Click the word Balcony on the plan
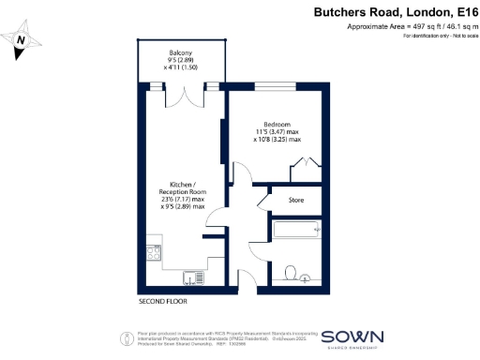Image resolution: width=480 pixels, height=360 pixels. (181, 52)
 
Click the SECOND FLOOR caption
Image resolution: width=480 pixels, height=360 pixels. (164, 302)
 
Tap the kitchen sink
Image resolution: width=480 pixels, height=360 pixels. (193, 276)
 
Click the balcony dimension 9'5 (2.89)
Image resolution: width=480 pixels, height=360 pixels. (181, 60)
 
